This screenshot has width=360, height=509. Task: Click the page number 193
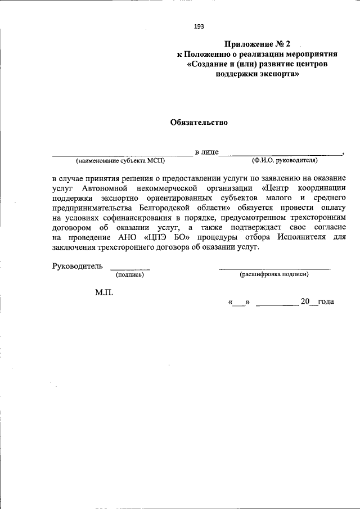(199, 26)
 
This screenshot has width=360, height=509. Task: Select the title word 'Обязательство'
(199, 123)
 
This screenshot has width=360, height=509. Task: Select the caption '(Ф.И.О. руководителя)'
(285, 160)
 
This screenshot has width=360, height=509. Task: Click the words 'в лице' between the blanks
(206, 152)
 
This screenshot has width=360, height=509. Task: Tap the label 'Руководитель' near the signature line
(78, 265)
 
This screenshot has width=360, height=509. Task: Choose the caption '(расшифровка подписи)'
(274, 274)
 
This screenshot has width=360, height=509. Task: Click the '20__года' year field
(317, 302)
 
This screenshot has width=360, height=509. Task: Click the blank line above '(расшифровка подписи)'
(274, 269)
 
